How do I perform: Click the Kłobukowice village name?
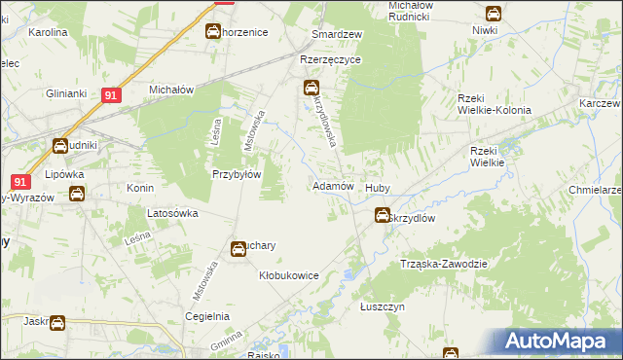click(x=289, y=275)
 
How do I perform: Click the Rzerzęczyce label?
click(x=331, y=59)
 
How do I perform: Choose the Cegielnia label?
click(x=208, y=316)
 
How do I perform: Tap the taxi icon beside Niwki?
click(x=494, y=15)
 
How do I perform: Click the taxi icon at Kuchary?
click(x=238, y=250)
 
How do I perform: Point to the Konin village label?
click(x=141, y=188)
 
